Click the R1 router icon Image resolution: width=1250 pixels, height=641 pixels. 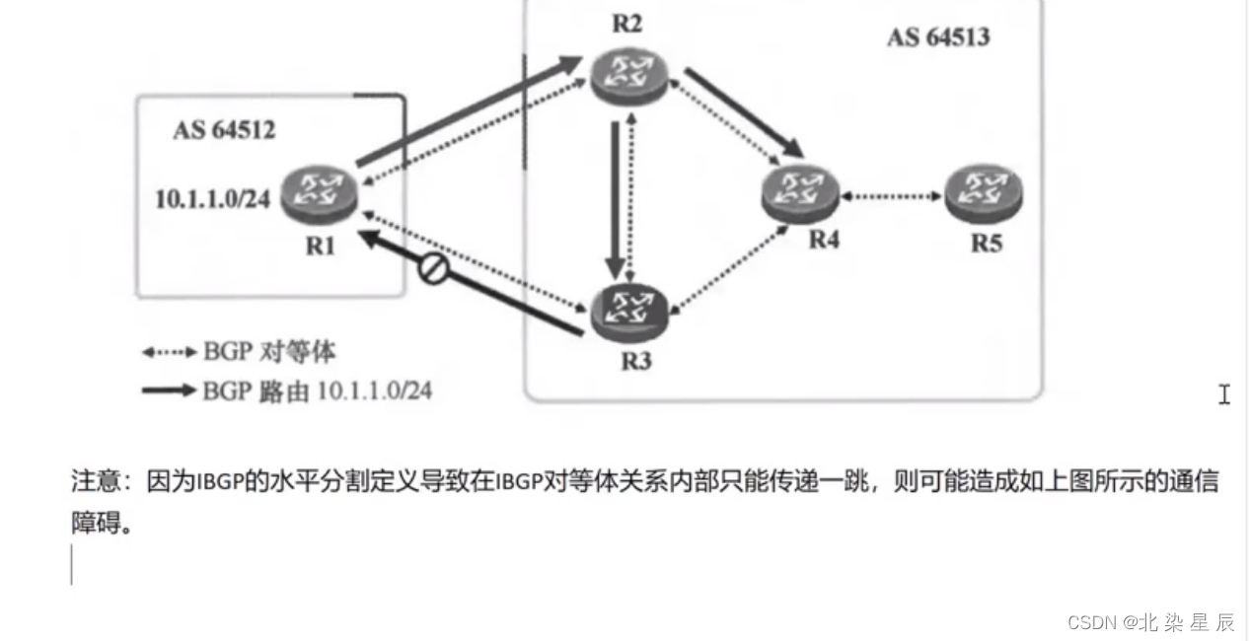[x=317, y=194]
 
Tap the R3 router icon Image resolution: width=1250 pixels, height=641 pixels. [x=629, y=312]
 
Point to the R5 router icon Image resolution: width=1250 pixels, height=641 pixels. [x=983, y=194]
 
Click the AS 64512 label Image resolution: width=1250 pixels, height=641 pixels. [x=224, y=130]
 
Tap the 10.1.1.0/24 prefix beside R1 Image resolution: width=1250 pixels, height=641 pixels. [x=212, y=198]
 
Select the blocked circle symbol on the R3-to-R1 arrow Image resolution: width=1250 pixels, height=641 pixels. [x=434, y=269]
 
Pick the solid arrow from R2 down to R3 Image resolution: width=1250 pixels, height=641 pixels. [x=617, y=197]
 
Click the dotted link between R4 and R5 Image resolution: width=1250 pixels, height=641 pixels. [x=892, y=196]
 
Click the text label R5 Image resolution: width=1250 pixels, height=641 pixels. [x=986, y=243]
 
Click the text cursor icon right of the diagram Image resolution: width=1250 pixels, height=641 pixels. [x=1223, y=394]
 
